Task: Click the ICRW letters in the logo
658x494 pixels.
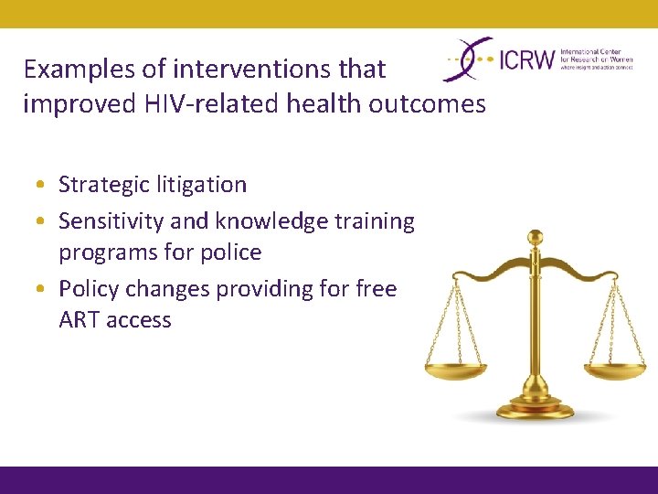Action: (x=527, y=60)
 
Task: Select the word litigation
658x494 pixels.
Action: (x=201, y=185)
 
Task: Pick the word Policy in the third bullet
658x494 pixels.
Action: (x=89, y=289)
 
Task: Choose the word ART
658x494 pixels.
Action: (x=80, y=320)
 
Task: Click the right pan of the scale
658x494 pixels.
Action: (x=617, y=371)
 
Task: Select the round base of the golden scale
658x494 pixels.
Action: (x=536, y=409)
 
